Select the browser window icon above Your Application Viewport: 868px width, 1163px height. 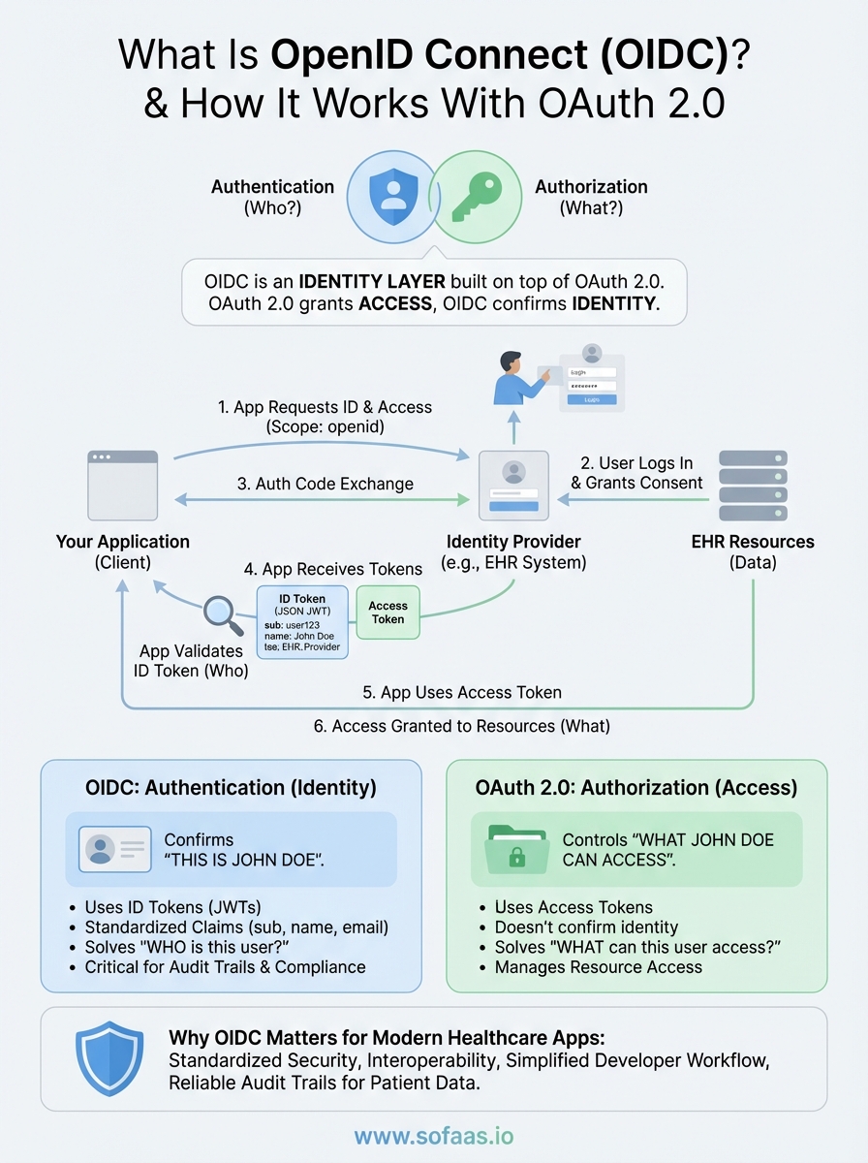pyautogui.click(x=122, y=485)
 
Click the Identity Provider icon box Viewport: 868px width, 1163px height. pyautogui.click(x=513, y=485)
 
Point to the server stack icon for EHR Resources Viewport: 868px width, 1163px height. pyautogui.click(x=753, y=486)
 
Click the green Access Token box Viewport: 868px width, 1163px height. pyautogui.click(x=387, y=612)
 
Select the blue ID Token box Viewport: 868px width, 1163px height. pyautogui.click(x=300, y=621)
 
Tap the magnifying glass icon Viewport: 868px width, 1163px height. pyautogui.click(x=225, y=613)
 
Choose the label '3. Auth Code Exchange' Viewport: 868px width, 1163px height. pyautogui.click(x=325, y=484)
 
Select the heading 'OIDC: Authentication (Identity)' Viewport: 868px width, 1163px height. pyautogui.click(x=231, y=787)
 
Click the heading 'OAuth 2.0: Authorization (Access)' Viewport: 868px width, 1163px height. pyautogui.click(x=635, y=787)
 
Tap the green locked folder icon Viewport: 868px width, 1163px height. pyautogui.click(x=518, y=849)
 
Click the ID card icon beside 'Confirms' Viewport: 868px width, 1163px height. pyautogui.click(x=114, y=849)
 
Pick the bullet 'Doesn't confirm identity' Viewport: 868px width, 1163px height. pyautogui.click(x=586, y=927)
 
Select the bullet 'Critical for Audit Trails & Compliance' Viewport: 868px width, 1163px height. pyautogui.click(x=225, y=966)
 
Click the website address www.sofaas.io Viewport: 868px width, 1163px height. pyautogui.click(x=433, y=1135)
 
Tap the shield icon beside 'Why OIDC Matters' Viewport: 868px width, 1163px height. pyautogui.click(x=108, y=1057)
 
